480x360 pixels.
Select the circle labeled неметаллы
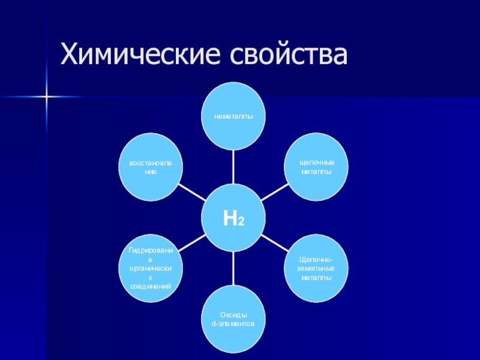(x=233, y=116)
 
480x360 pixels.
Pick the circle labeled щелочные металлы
(x=316, y=167)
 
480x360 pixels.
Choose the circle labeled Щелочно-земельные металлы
(x=316, y=269)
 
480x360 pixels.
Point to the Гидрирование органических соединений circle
(x=151, y=269)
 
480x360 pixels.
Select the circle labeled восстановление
(x=151, y=167)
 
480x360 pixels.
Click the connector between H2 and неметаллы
(x=233, y=168)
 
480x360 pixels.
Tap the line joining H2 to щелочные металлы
(x=275, y=192)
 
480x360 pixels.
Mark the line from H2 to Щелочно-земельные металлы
(x=275, y=244)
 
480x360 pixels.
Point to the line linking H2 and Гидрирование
(x=192, y=244)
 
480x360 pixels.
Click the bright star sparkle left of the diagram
(x=47, y=95)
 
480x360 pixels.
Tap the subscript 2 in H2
(x=241, y=222)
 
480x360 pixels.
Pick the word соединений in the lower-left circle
(x=151, y=287)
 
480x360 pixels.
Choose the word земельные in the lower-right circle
(x=316, y=269)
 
